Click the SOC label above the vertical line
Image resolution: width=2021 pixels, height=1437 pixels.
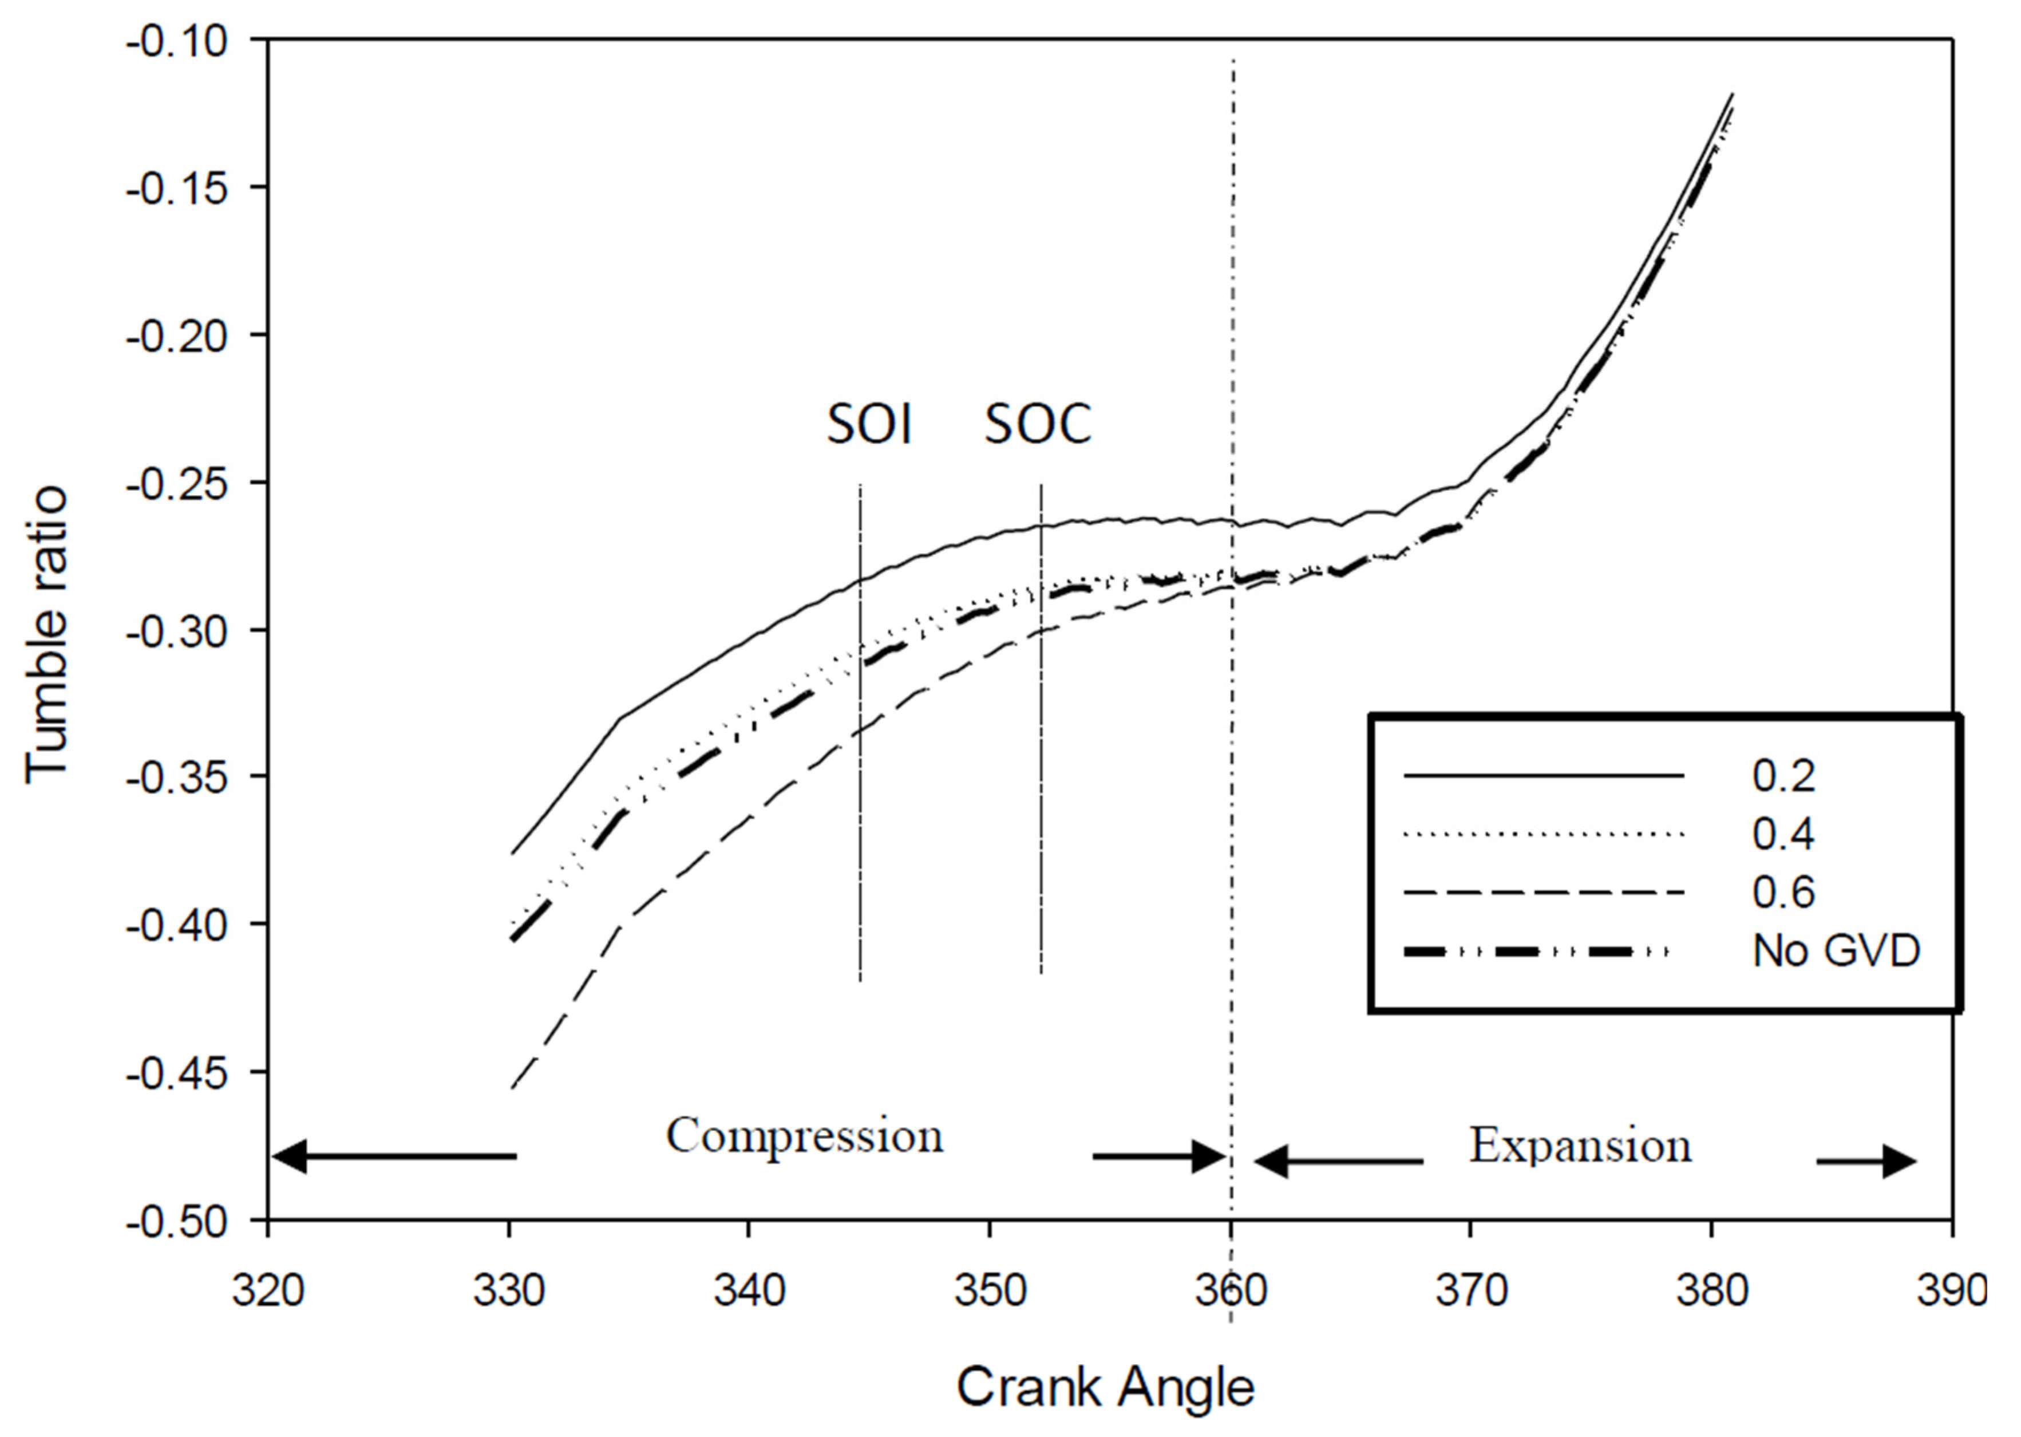pyautogui.click(x=1038, y=425)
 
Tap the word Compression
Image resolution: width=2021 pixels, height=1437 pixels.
pyautogui.click(x=804, y=1136)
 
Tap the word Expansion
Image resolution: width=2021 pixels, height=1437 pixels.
pyautogui.click(x=1580, y=1146)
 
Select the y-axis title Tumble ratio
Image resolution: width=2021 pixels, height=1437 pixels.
pyautogui.click(x=46, y=634)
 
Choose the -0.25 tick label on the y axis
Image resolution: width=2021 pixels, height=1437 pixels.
pyautogui.click(x=177, y=483)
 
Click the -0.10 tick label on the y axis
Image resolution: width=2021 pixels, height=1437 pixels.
pyautogui.click(x=177, y=41)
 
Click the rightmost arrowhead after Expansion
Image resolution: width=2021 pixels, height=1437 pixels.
pyautogui.click(x=1900, y=1161)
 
